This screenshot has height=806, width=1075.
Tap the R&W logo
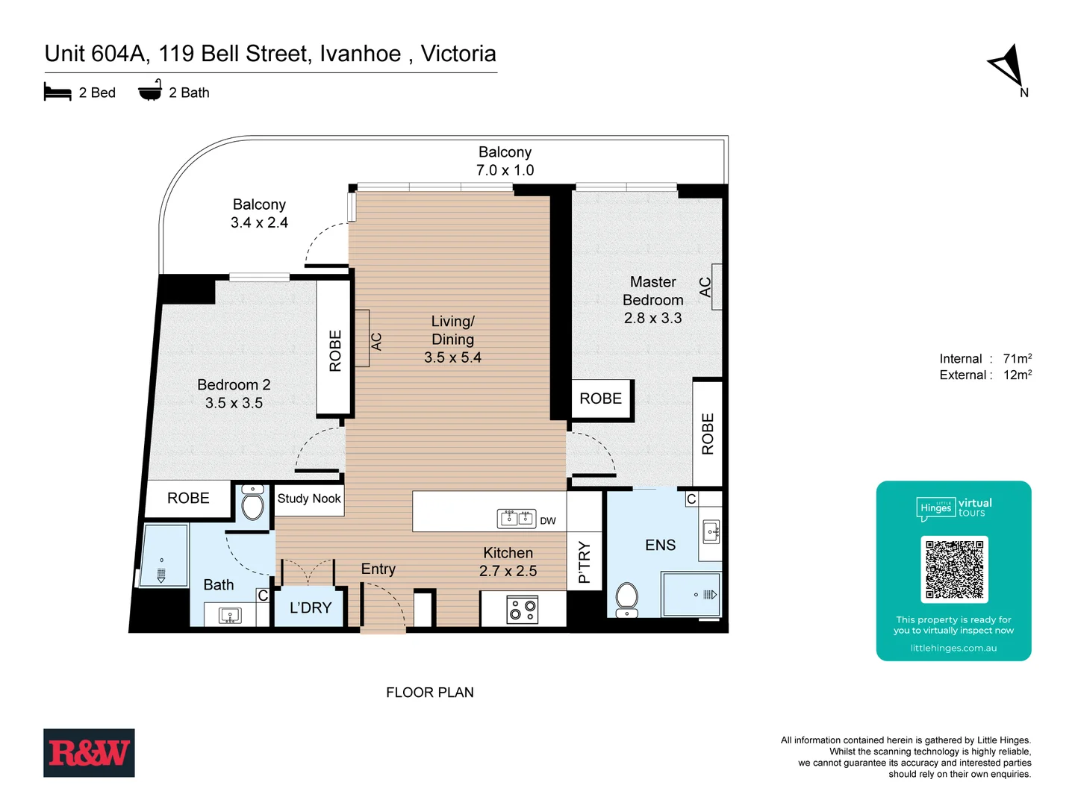pos(89,752)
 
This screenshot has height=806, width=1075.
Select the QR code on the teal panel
pos(954,569)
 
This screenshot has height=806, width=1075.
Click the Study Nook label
pos(309,499)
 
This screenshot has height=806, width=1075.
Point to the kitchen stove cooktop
pos(523,609)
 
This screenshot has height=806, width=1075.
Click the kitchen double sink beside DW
pos(517,518)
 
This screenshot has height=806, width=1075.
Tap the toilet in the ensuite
pos(626,599)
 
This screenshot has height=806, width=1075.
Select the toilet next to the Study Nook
pos(253,504)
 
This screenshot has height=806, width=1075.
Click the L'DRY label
pos(311,607)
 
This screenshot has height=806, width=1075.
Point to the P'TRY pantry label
pos(584,562)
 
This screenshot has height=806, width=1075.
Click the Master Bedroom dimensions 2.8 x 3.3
pos(652,318)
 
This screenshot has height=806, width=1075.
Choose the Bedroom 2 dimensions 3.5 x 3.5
pos(234,403)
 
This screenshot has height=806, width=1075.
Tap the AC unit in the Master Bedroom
pos(716,287)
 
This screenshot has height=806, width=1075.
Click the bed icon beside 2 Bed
pos(57,92)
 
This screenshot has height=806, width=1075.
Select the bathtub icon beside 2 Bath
pos(150,90)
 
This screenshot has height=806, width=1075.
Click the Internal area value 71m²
pos(1017,359)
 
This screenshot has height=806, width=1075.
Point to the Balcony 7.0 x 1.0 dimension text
pos(505,170)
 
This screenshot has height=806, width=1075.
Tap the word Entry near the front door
pos(378,569)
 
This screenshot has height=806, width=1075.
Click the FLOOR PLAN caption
pos(429,693)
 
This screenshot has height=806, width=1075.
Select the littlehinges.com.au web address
pos(953,648)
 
